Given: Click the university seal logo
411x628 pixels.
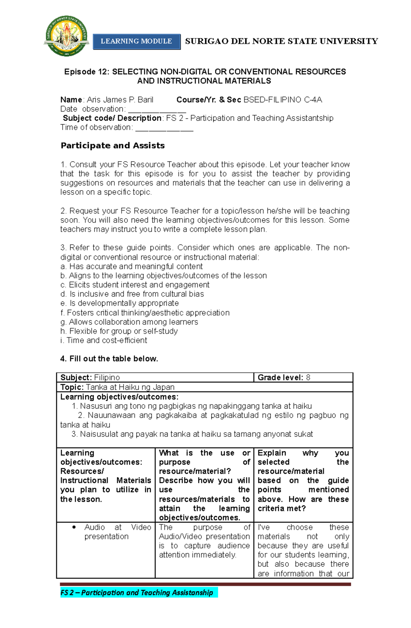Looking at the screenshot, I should click(x=66, y=36).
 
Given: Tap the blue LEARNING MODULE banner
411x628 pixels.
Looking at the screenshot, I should click(x=136, y=41).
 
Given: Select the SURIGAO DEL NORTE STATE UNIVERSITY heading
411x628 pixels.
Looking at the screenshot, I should click(x=281, y=41).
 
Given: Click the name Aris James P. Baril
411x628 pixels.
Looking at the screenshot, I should click(x=120, y=100).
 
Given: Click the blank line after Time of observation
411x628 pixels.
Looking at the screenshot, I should click(x=164, y=129).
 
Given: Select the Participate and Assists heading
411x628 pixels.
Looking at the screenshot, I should click(x=113, y=146).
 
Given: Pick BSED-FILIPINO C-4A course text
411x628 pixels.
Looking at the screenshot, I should click(x=283, y=100).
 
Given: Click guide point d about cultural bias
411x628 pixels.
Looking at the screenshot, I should click(x=132, y=294).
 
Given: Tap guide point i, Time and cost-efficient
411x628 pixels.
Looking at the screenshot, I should click(x=103, y=341).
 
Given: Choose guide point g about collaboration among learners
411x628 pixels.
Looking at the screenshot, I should click(x=129, y=322).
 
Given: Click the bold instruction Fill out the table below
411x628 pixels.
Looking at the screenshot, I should click(x=109, y=359).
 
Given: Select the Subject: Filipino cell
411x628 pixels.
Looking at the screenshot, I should click(x=90, y=377).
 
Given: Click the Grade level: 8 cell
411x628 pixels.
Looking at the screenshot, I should click(x=284, y=377).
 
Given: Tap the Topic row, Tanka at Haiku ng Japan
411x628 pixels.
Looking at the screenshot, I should click(x=117, y=387).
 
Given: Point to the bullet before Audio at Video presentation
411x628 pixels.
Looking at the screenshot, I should click(x=74, y=527).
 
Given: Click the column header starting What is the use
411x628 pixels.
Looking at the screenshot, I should click(x=204, y=485).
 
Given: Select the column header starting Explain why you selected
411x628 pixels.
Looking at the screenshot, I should click(x=303, y=480).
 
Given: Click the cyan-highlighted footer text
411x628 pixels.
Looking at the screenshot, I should click(x=137, y=592).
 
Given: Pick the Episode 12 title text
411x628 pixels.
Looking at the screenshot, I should click(x=205, y=76).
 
